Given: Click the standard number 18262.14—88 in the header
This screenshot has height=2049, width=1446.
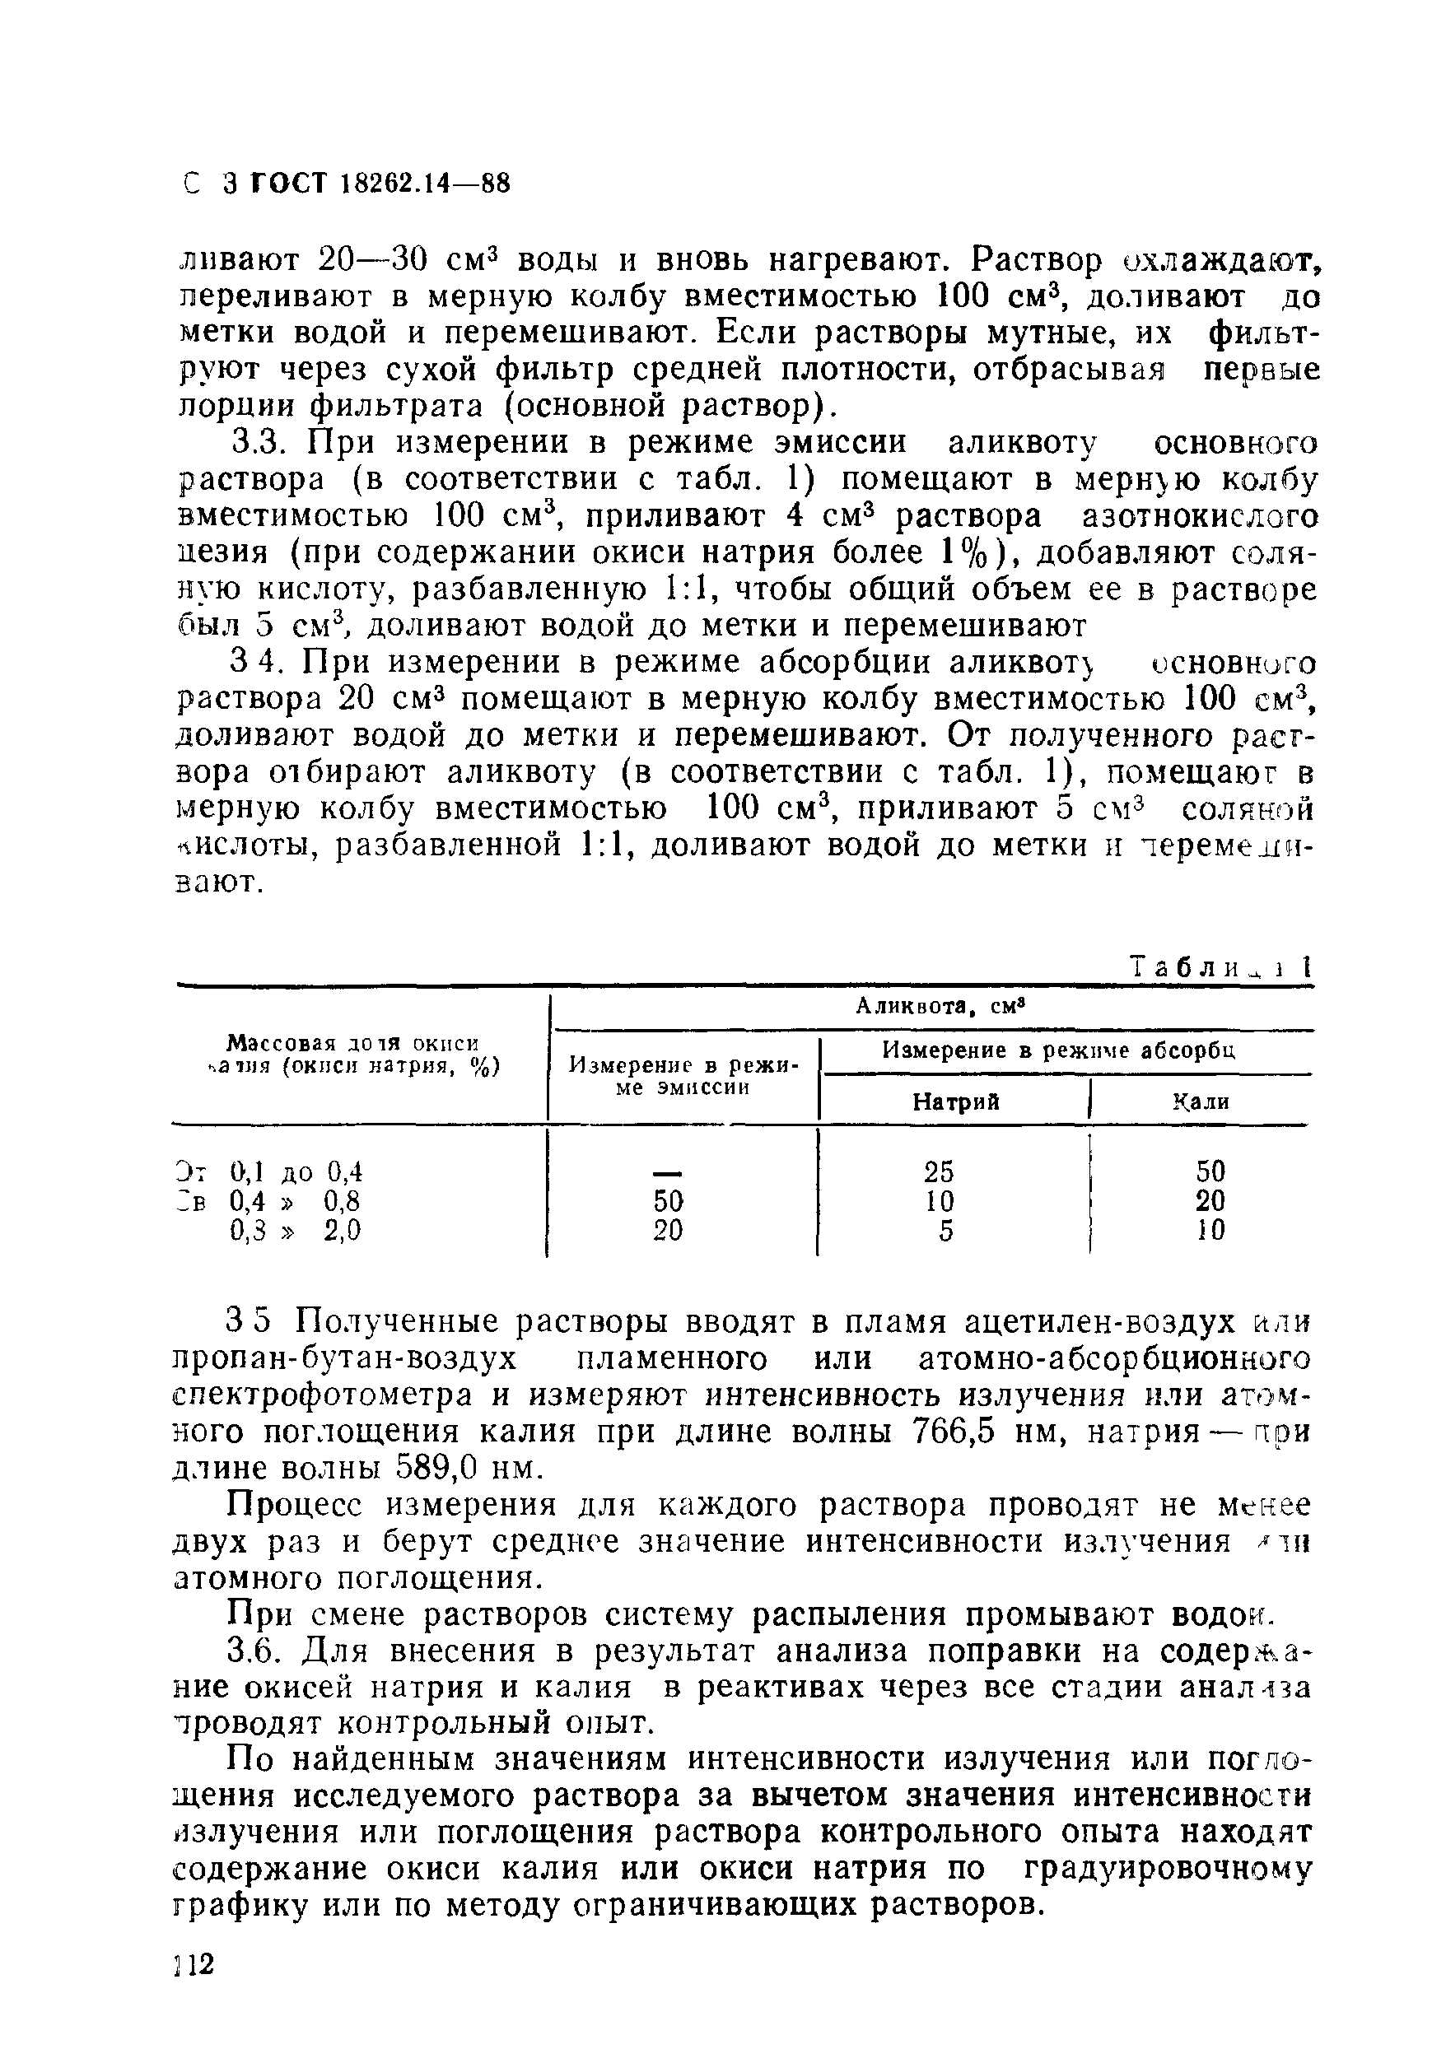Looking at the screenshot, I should pyautogui.click(x=425, y=184).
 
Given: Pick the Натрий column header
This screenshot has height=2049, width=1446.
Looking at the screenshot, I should pyautogui.click(x=955, y=1101).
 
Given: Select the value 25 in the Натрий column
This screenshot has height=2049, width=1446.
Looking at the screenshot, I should pyautogui.click(x=939, y=1170).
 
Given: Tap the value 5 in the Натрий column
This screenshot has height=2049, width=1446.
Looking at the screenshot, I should pyautogui.click(x=946, y=1231).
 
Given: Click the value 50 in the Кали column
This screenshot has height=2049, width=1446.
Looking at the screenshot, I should pyautogui.click(x=1210, y=1170).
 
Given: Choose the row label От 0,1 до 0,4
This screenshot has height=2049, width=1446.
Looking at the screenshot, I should pyautogui.click(x=268, y=1171).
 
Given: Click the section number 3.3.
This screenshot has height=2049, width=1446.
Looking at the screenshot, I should pyautogui.click(x=258, y=443).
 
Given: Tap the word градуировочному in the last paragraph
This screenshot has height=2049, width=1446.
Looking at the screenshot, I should pyautogui.click(x=1168, y=1868).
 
